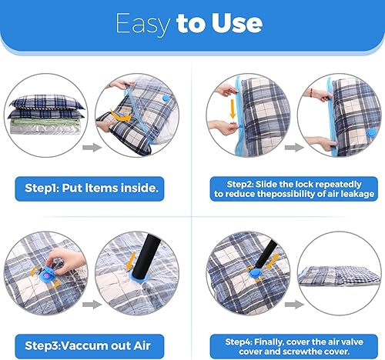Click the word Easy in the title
pyautogui.click(x=142, y=24)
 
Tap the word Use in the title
pyautogui.click(x=237, y=23)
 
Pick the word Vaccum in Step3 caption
pyautogui.click(x=82, y=345)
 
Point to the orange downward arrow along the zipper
pyautogui.click(x=233, y=108)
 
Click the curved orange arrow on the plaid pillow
pyautogui.click(x=121, y=116)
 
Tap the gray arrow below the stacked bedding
pyautogui.click(x=92, y=147)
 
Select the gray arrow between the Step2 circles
pyautogui.click(x=294, y=147)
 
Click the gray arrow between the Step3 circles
pyautogui.click(x=92, y=305)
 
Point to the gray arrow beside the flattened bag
pyautogui.click(x=294, y=305)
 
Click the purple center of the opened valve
pyautogui.click(x=45, y=275)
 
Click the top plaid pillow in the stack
pyautogui.click(x=46, y=102)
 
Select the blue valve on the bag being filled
pyautogui.click(x=166, y=98)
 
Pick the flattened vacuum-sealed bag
pyautogui.click(x=340, y=276)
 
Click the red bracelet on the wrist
pyautogui.click(x=311, y=91)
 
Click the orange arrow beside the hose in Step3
pyautogui.click(x=132, y=261)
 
